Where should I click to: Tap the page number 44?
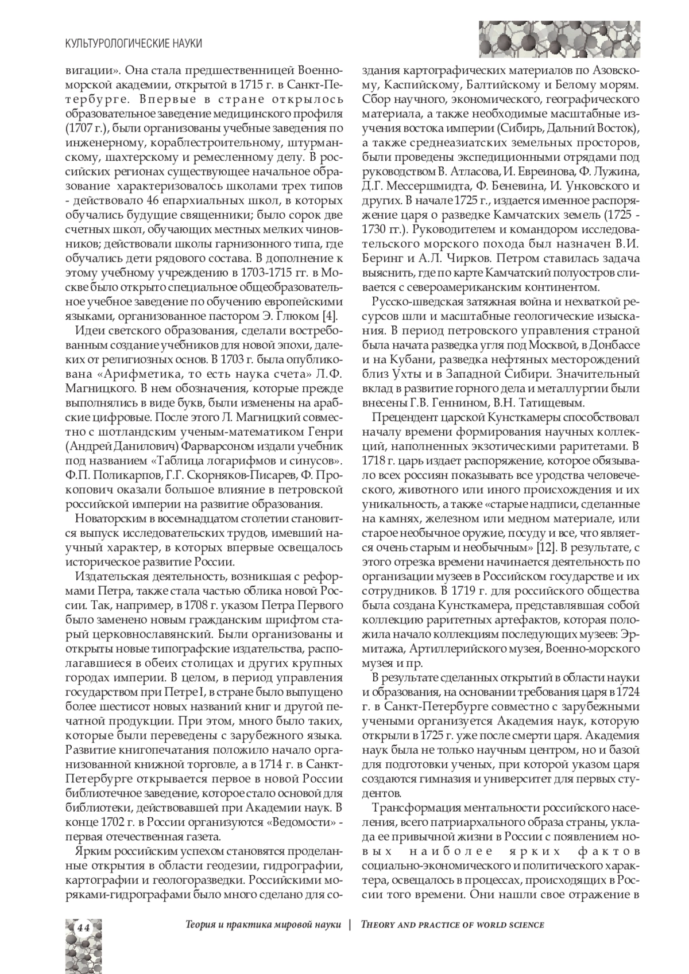(x=83, y=928)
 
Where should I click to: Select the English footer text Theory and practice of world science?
(x=452, y=925)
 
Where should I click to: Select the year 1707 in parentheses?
(x=82, y=128)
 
